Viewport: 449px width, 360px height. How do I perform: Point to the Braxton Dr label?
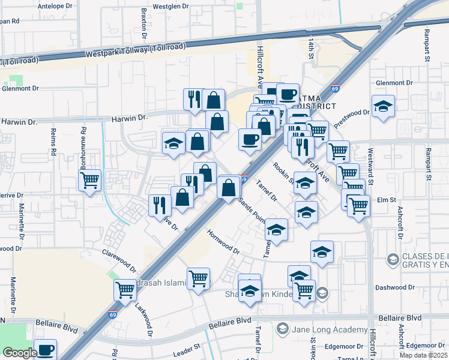pos(145,20)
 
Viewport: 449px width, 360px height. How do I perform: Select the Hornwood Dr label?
pos(223,241)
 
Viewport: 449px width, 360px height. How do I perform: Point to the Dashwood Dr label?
pos(395,287)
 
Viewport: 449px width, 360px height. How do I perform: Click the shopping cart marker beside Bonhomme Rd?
pos(90,179)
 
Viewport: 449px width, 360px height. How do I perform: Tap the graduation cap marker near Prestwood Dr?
pos(383,106)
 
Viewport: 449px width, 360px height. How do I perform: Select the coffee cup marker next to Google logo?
pos(45,349)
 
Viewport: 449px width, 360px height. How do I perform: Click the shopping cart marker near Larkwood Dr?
pos(125,290)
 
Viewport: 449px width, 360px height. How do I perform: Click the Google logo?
pos(20,353)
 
